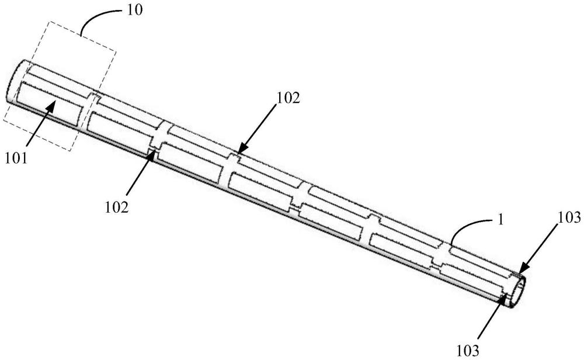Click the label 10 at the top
coord(134,10)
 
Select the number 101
coord(16,158)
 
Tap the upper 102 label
coord(287,98)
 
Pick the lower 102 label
coord(117,207)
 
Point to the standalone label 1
coord(500,220)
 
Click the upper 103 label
coord(568,217)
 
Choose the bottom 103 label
coord(468,351)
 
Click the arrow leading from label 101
coord(41,122)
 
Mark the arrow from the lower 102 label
coord(141,172)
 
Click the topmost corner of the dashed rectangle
coord(50,22)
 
